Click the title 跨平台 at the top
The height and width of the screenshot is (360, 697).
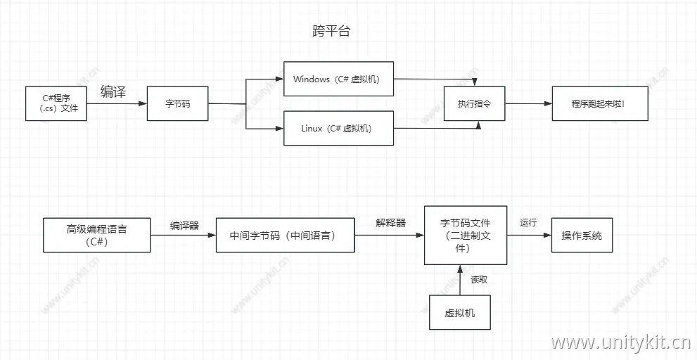coord(331,32)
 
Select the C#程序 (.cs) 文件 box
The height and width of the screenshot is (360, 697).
coord(56,103)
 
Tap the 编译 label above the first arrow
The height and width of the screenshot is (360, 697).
coord(113,91)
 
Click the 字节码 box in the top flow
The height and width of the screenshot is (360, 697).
coord(177,103)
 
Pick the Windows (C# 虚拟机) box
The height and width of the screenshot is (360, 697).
coord(338,79)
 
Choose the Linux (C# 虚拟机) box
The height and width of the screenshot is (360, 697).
coord(338,128)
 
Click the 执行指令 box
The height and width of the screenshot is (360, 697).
coord(474,103)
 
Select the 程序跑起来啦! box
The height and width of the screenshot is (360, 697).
coord(598,103)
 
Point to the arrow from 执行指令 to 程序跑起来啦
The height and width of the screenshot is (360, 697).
coord(527,103)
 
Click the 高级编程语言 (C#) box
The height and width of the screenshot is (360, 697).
coord(96,235)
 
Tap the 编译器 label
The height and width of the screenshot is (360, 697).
coord(184,226)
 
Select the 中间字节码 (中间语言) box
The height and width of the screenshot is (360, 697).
coord(285,235)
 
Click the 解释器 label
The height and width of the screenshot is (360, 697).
coord(390,223)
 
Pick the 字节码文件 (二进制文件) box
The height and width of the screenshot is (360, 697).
coord(465,235)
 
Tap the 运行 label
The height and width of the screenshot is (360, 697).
coord(528,223)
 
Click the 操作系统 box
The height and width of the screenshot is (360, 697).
coord(582,235)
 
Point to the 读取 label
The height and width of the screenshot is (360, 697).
coord(479,279)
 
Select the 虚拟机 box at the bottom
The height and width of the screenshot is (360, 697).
coord(459,312)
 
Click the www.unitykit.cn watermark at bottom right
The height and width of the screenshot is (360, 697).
coord(621,343)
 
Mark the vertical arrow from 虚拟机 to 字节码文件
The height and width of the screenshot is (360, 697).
coord(460,280)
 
